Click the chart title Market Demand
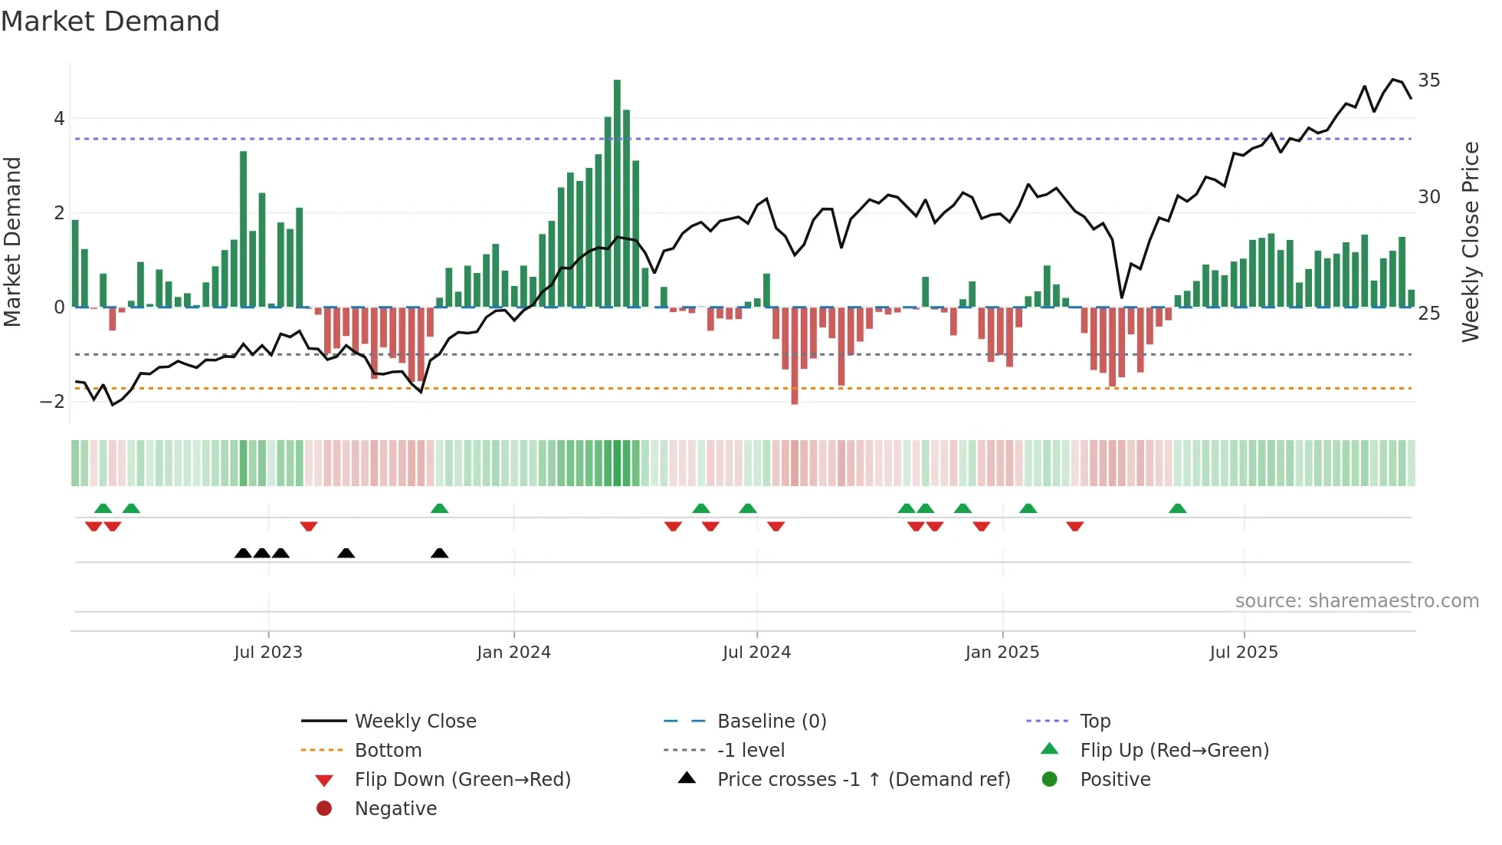[x=110, y=21]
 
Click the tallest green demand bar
[x=617, y=192]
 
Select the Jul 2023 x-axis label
[x=268, y=653]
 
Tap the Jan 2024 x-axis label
[x=513, y=653]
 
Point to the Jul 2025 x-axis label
[x=1244, y=653]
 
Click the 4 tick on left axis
[x=59, y=119]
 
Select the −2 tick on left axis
[x=53, y=401]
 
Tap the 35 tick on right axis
[x=1428, y=81]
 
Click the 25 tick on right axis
[x=1428, y=314]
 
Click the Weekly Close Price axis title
[x=1470, y=242]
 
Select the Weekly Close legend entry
[x=415, y=722]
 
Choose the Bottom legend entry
[x=388, y=751]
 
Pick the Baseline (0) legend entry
[x=771, y=722]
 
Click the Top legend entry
[x=1094, y=722]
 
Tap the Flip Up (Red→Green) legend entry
[x=1174, y=751]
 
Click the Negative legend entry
[x=395, y=809]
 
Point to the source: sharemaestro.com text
[x=1356, y=601]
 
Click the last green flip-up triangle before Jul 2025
[x=1178, y=508]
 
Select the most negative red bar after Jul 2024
[x=795, y=356]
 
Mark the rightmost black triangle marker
[x=439, y=553]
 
